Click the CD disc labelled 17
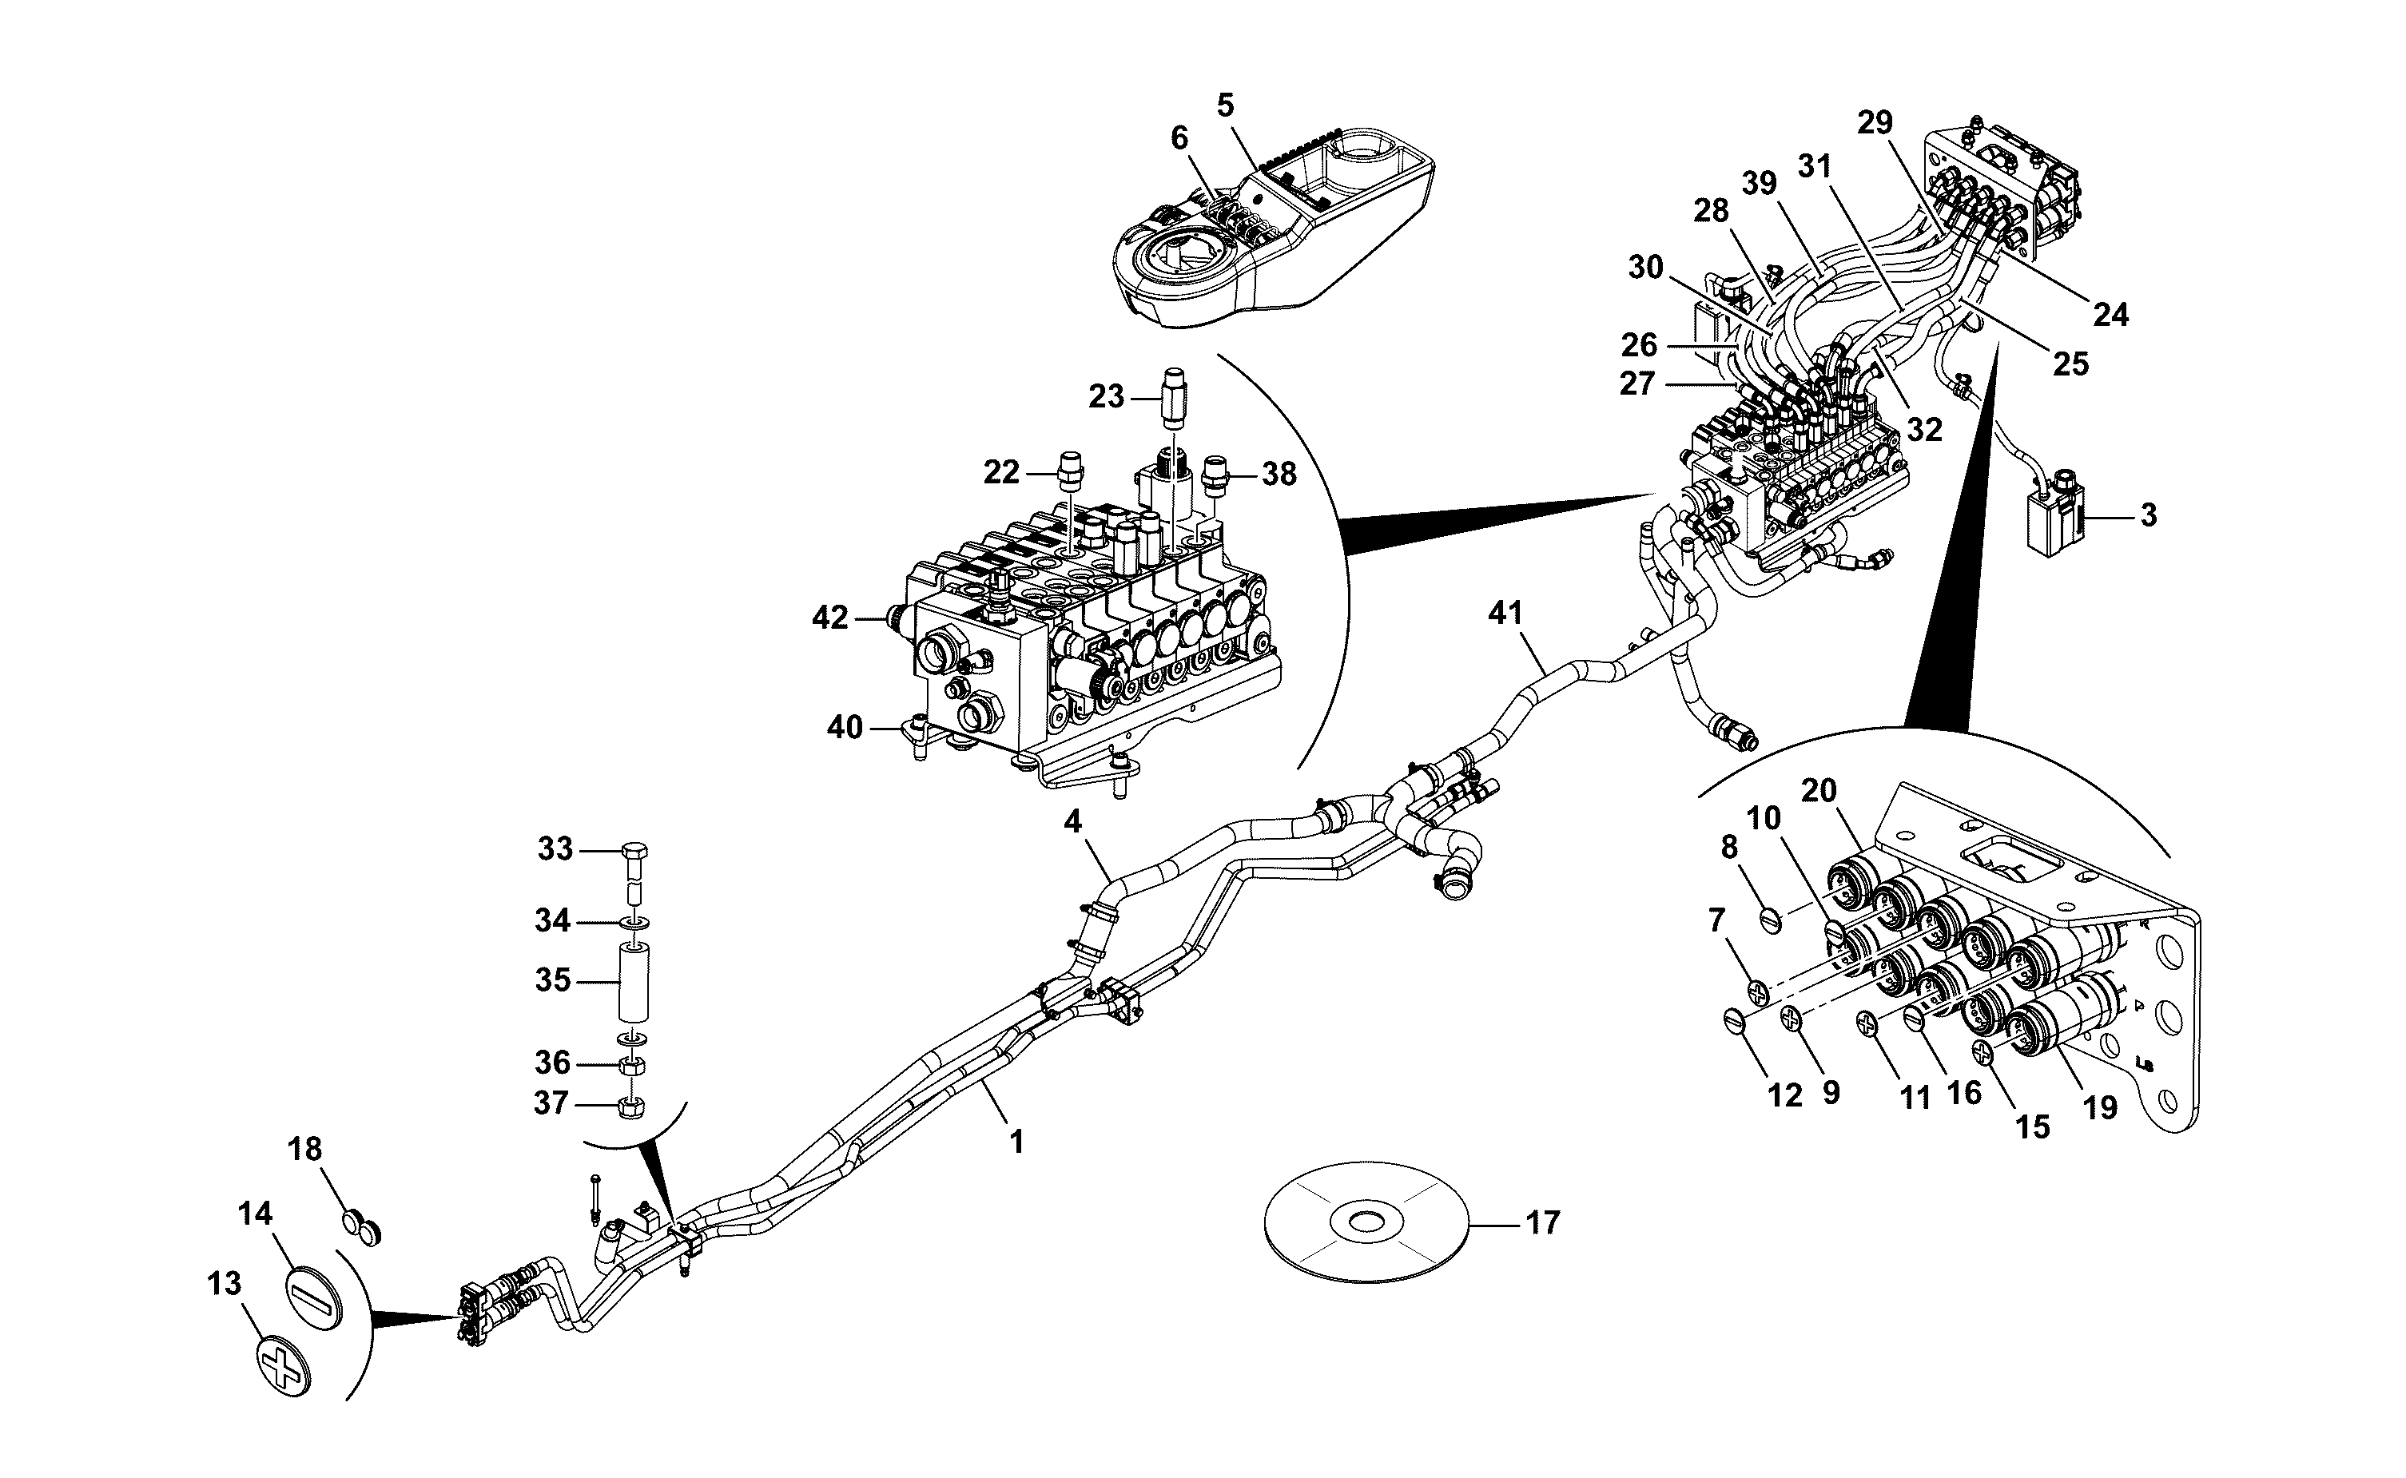[1366, 1222]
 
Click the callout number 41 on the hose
[1505, 614]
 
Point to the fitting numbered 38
[1216, 474]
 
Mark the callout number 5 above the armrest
[1225, 105]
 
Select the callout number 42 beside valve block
[830, 618]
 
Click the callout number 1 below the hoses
[1016, 1142]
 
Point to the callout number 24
[2111, 314]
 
